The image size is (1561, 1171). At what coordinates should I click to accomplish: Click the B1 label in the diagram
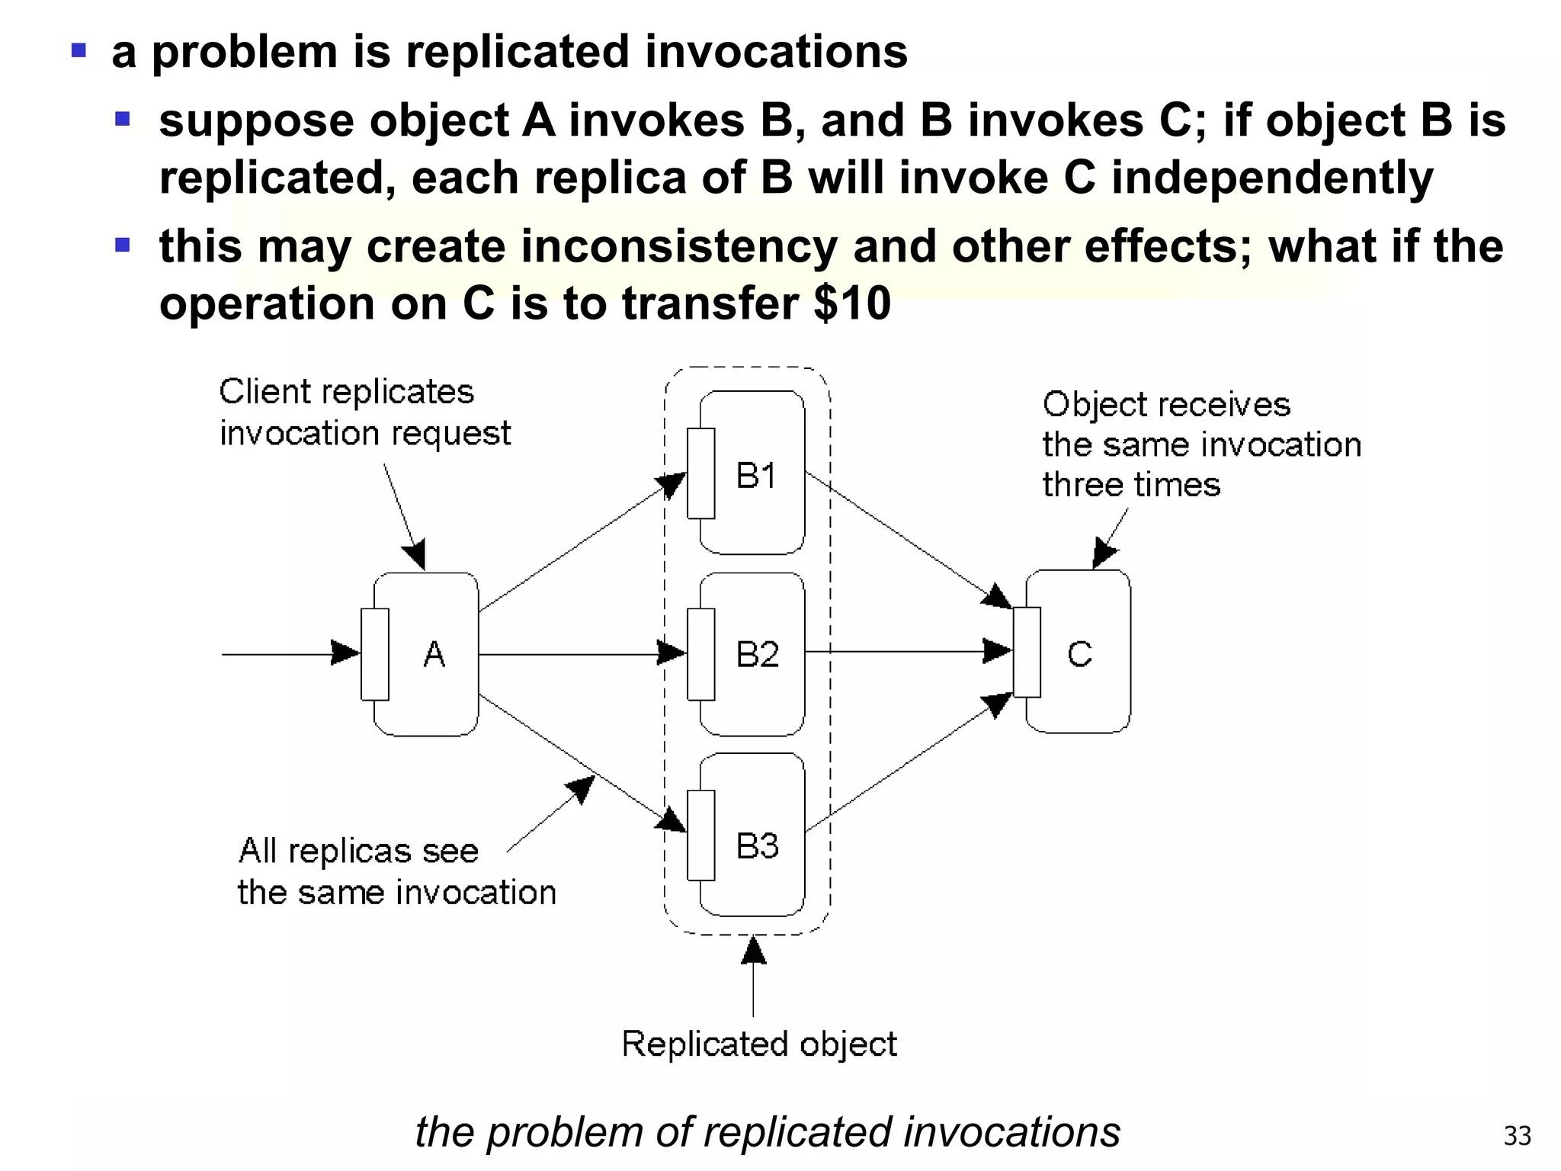(755, 476)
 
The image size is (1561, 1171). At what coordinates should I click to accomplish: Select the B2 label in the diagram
(757, 654)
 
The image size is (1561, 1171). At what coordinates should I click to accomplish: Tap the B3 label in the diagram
(757, 845)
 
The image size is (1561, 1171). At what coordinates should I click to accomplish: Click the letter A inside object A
(434, 654)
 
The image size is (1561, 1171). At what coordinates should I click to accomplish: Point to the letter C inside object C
(1079, 654)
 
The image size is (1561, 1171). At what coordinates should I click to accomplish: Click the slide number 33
(1517, 1136)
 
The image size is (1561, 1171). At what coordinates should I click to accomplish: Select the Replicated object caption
(759, 1044)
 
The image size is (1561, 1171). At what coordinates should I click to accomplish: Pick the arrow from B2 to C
(907, 652)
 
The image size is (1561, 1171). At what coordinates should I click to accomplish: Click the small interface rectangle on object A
(374, 654)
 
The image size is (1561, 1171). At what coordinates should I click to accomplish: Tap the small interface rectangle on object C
(1027, 652)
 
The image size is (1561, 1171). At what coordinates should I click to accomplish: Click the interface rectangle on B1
(700, 473)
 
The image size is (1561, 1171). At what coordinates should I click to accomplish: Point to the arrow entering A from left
(290, 653)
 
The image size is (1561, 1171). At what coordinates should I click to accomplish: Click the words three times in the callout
(1131, 485)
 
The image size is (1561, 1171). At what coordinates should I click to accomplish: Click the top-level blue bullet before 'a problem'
(79, 51)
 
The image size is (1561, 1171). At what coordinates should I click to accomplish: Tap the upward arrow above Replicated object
(753, 976)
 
